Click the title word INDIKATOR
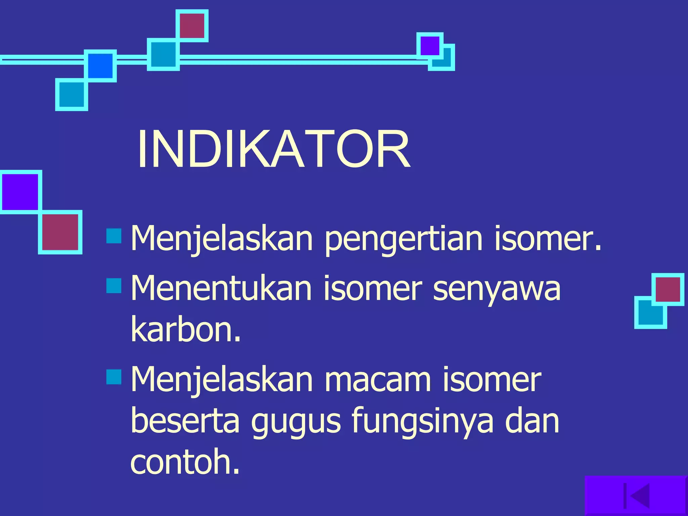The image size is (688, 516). (273, 149)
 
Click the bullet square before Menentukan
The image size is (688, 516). (114, 286)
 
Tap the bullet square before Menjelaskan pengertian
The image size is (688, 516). (114, 236)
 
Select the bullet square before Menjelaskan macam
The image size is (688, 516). (114, 377)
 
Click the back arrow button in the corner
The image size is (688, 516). (637, 496)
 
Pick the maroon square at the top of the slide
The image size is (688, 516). (192, 26)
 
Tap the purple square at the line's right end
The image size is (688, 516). (430, 46)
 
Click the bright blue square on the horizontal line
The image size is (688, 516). (100, 66)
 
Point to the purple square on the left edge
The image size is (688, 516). (20, 192)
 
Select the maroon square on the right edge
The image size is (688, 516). (668, 289)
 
